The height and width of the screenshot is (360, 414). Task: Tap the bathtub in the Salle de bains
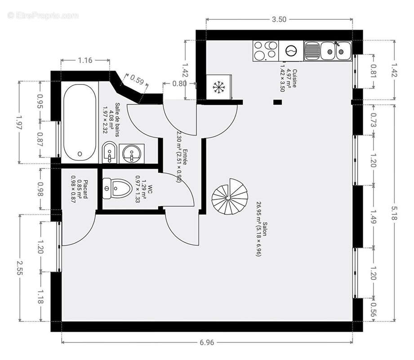[x=80, y=122]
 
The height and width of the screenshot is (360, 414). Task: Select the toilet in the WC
[x=115, y=188]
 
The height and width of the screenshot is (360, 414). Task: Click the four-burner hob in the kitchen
[x=265, y=51]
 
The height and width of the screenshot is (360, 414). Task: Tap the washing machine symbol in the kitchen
[x=291, y=51]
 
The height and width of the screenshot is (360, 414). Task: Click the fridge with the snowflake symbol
[x=219, y=86]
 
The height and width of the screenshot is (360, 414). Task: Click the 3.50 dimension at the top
[x=279, y=19]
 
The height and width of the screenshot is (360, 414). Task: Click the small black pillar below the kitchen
[x=278, y=102]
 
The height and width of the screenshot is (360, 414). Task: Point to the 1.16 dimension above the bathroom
[x=85, y=60]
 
